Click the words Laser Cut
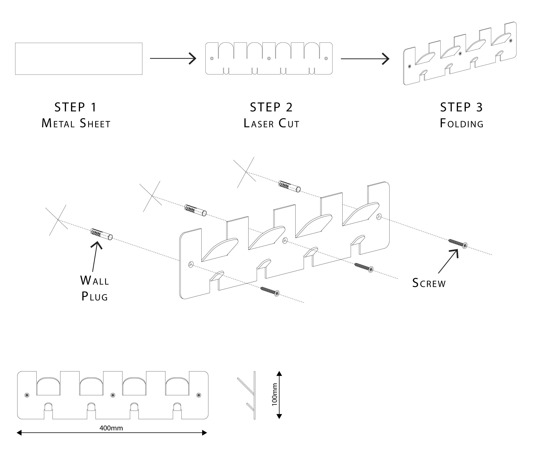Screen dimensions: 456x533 click(271, 124)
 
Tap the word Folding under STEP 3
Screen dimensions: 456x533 click(461, 124)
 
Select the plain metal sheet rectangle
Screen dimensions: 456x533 click(79, 59)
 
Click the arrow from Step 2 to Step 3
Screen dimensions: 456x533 click(365, 59)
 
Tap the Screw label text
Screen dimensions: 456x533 click(429, 283)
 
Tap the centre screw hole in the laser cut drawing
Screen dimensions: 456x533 click(269, 58)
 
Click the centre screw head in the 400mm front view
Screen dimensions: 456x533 click(113, 395)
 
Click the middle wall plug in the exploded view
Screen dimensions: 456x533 click(196, 210)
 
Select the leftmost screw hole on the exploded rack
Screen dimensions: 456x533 click(191, 264)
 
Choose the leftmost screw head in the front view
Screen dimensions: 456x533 click(27, 395)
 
